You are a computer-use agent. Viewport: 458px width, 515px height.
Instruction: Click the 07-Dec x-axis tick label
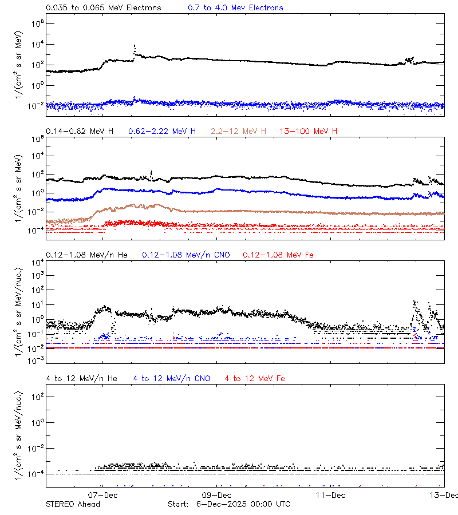click(x=103, y=494)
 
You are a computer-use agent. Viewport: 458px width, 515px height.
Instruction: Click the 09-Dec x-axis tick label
click(x=216, y=494)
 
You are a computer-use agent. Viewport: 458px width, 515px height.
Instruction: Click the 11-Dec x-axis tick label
click(x=330, y=494)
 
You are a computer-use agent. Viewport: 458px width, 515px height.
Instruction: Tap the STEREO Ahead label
click(x=73, y=504)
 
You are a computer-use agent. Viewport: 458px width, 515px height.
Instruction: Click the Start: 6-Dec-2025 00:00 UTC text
click(x=228, y=504)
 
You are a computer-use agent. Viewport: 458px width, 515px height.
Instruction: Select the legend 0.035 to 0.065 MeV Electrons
click(x=103, y=8)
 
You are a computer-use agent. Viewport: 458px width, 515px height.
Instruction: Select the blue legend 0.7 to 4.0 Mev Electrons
click(x=235, y=8)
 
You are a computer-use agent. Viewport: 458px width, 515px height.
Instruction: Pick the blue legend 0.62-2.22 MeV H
click(x=162, y=132)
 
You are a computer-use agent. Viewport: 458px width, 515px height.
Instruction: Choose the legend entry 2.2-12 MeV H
click(x=239, y=132)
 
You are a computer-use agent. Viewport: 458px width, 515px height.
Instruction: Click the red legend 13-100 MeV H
click(x=309, y=132)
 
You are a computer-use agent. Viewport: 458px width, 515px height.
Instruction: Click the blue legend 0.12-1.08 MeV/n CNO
click(x=185, y=255)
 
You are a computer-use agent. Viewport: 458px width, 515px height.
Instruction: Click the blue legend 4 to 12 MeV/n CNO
click(x=171, y=378)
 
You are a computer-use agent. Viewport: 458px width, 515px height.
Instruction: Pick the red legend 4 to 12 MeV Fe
click(x=255, y=378)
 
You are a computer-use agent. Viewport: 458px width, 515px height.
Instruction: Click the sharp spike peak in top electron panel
click(x=135, y=45)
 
